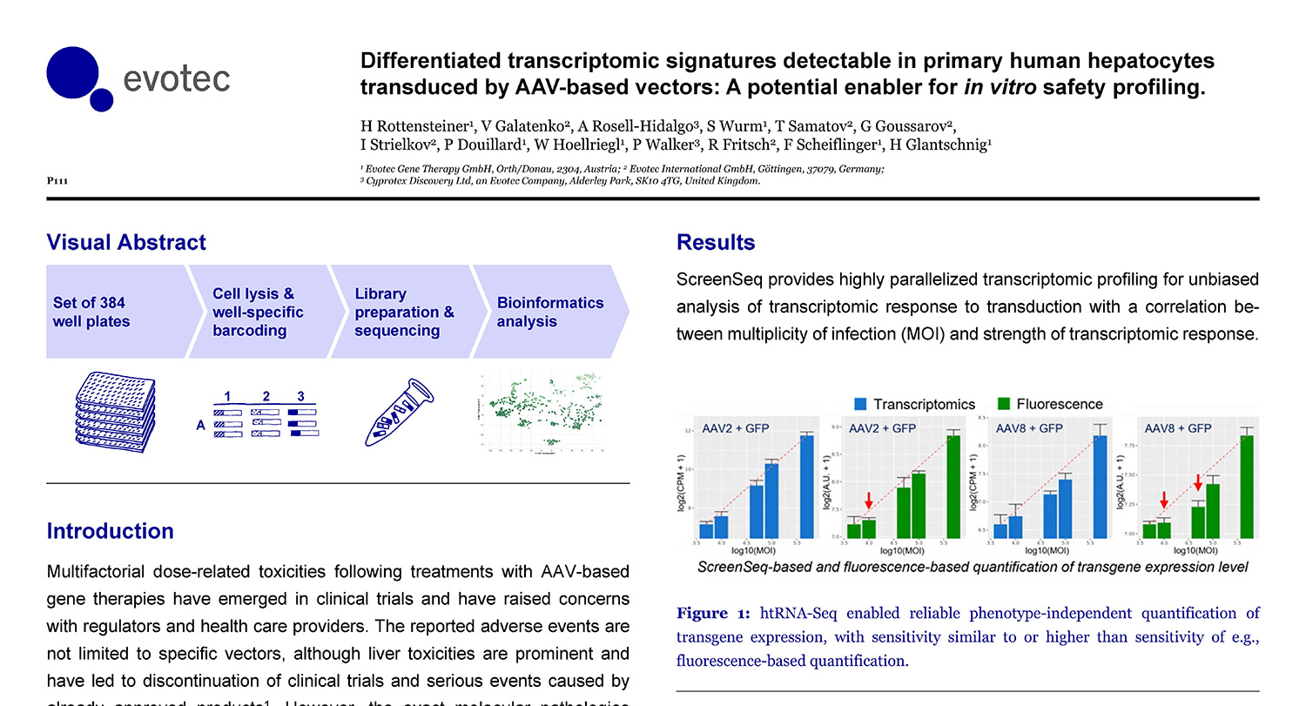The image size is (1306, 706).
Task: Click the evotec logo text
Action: click(x=178, y=78)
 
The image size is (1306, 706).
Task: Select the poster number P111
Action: click(x=57, y=181)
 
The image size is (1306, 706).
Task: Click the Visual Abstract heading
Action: click(x=126, y=242)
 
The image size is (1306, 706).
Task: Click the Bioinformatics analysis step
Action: click(x=549, y=312)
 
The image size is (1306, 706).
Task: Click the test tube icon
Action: click(x=397, y=409)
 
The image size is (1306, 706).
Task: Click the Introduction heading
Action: click(x=110, y=531)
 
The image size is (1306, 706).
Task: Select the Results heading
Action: click(x=716, y=242)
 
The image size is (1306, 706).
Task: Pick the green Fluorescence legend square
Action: click(x=1003, y=404)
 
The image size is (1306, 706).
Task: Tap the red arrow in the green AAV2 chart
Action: click(x=868, y=500)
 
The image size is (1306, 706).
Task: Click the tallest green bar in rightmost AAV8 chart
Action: click(x=1247, y=486)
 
